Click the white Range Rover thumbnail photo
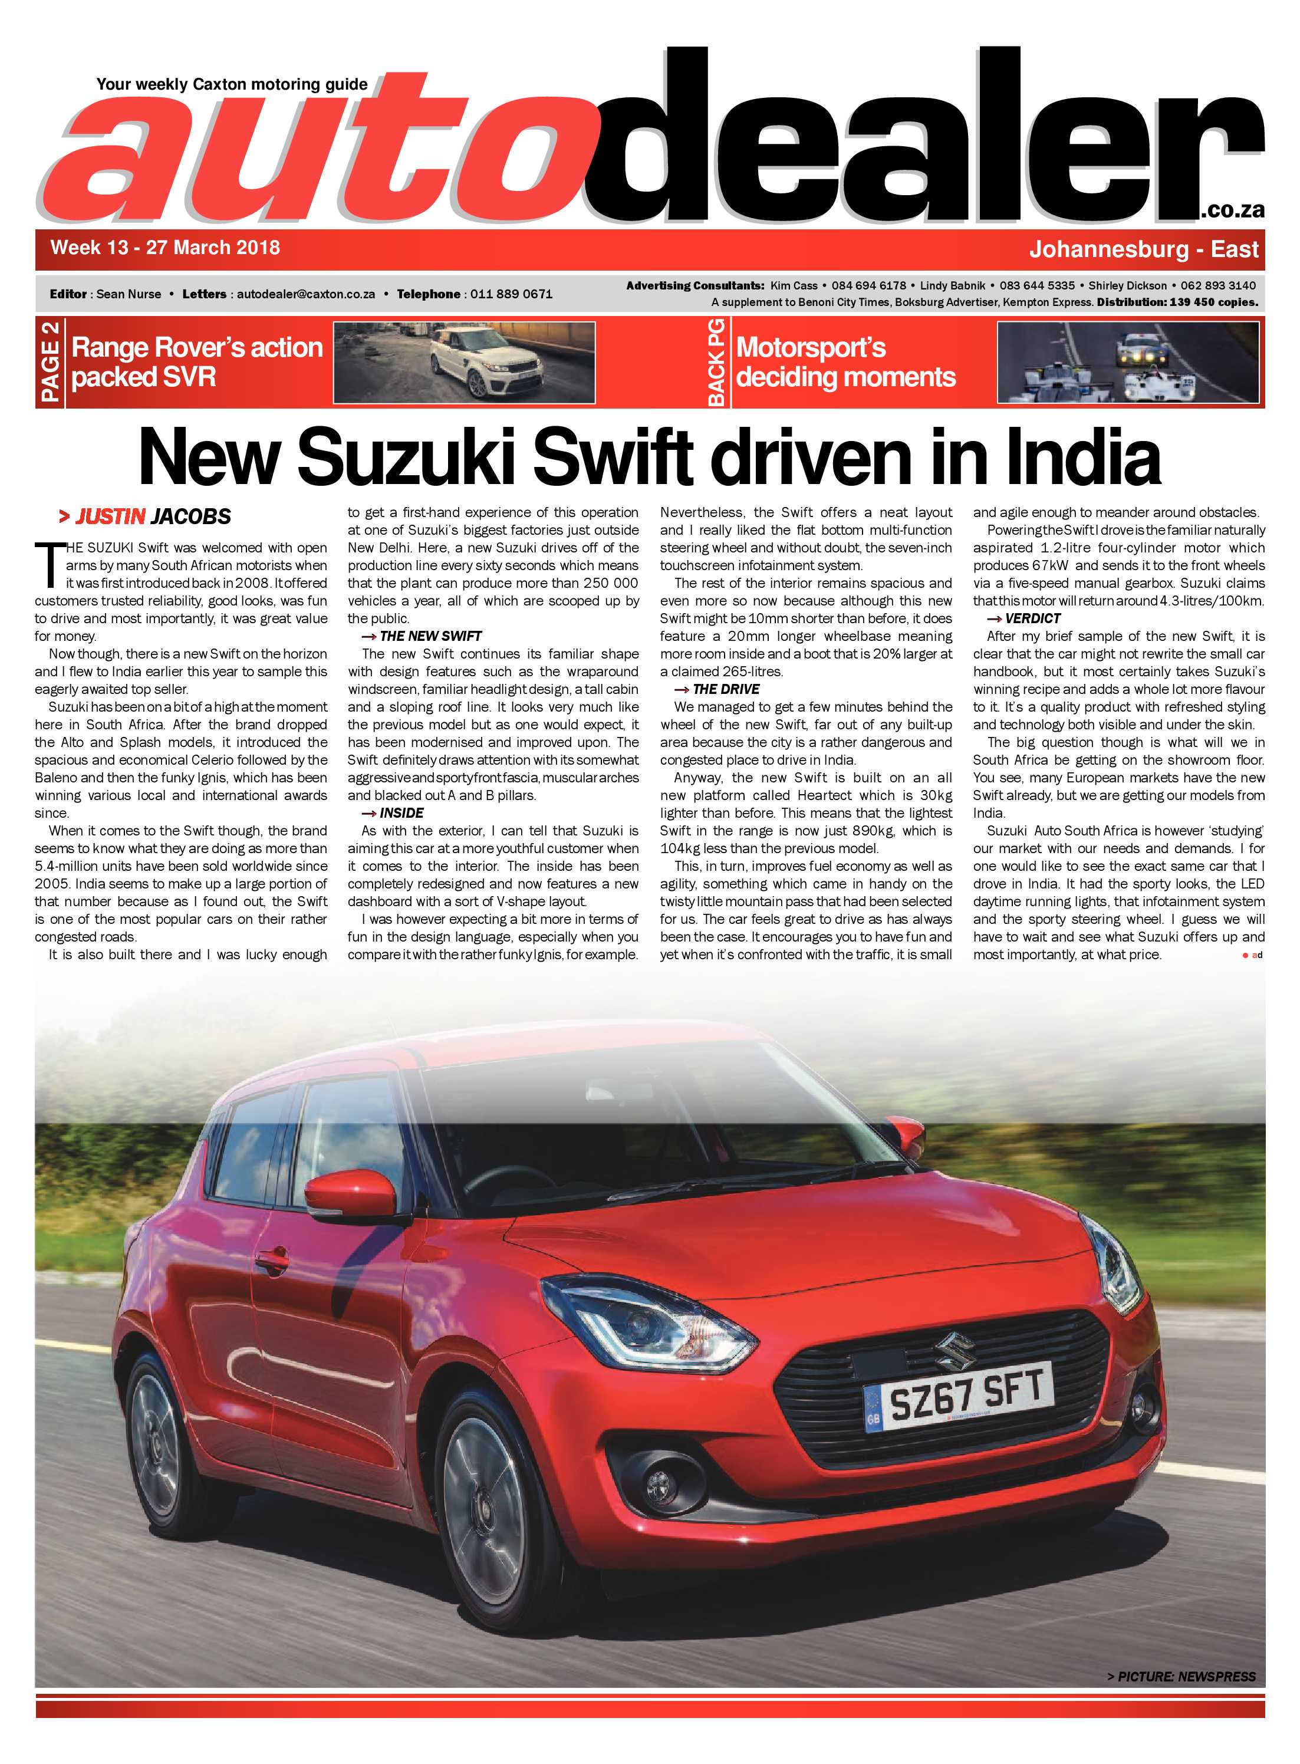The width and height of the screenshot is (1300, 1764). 465,363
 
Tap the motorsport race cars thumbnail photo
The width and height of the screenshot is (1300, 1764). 1127,363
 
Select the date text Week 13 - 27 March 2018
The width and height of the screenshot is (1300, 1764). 165,248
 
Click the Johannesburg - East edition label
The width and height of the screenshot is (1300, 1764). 1143,249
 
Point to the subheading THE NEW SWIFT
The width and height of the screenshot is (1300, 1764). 430,636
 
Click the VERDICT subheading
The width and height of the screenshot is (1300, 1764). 1032,618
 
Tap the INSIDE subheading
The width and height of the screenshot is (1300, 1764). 400,813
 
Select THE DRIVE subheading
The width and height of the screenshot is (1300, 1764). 725,689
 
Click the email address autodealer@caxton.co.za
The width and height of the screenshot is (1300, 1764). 305,294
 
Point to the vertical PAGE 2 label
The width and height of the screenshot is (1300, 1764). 50,363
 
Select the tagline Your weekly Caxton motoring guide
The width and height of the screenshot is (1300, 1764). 232,84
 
